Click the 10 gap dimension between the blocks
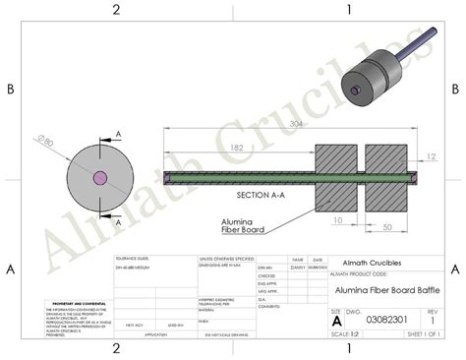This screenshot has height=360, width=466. pos(338,220)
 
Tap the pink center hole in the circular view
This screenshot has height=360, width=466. pos(98,178)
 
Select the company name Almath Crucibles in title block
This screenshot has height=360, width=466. pos(374,262)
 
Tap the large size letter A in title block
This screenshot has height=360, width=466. pos(337,321)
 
